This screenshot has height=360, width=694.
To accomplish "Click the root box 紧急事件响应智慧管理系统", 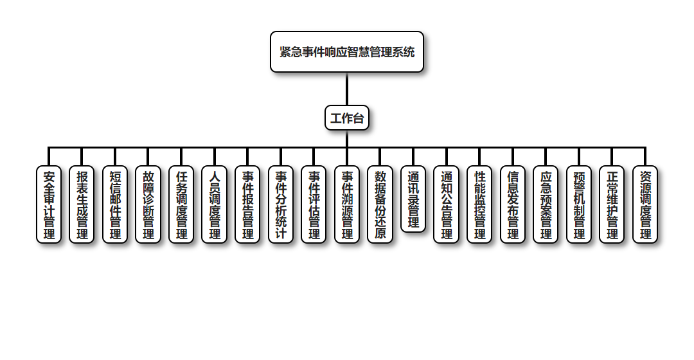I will coord(347,52).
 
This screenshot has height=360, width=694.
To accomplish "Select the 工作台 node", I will coord(347,118).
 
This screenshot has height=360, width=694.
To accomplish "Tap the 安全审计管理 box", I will coord(49,204).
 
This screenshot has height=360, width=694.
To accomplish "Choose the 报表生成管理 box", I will coord(82,204).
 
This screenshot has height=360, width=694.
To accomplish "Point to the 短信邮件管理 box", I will coord(115,204).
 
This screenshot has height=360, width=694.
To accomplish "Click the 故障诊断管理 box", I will coord(148,204).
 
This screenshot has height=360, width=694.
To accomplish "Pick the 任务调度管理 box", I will coord(181,204).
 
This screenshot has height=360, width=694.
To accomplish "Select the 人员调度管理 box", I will coord(215,204).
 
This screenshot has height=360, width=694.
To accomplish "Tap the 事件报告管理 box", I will coord(247,204).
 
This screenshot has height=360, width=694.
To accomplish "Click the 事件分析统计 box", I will coord(281,204).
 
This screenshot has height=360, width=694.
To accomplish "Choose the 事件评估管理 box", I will coord(314,204).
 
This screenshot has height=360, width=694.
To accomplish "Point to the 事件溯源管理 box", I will coord(347,204).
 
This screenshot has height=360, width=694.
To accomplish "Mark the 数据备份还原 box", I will coord(380,204).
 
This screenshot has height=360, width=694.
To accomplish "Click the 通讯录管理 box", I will coord(413,199).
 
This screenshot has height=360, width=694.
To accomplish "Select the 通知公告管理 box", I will coord(446,204).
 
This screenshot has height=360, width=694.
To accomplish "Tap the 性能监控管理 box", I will coord(479,204).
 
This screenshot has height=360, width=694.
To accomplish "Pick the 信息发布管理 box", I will coord(513,204).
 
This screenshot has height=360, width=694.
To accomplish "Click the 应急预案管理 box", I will coord(546,204).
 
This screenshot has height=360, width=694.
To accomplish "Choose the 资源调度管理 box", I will coord(645,204).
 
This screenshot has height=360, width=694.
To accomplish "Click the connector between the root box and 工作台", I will coord(347,89).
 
